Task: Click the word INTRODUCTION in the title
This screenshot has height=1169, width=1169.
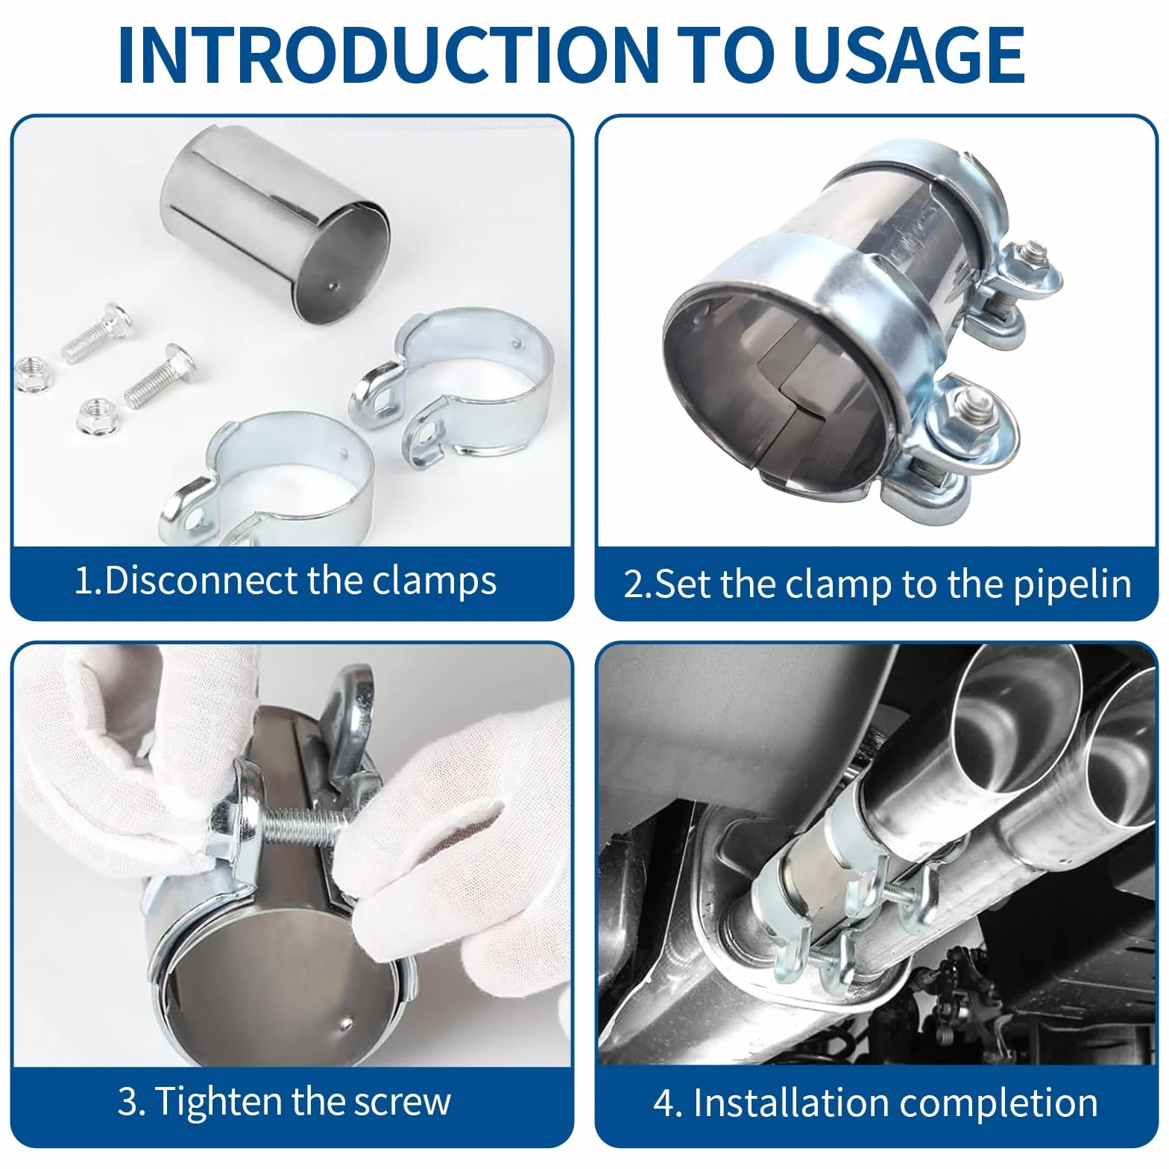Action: [x=388, y=55]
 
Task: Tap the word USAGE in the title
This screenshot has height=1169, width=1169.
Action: [x=909, y=55]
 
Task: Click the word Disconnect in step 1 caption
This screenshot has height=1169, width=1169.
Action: [x=201, y=580]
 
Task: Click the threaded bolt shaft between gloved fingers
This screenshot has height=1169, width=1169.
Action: [x=299, y=827]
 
